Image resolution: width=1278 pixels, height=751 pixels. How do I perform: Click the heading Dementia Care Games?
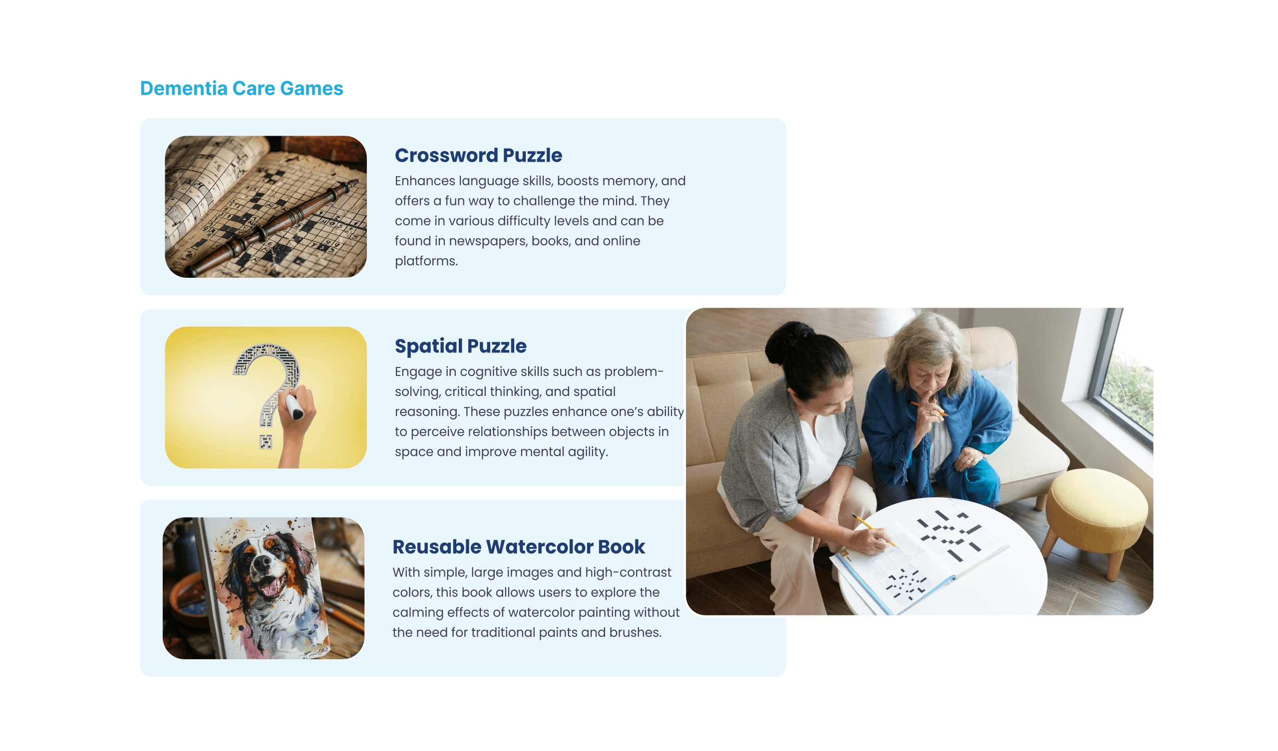(x=242, y=88)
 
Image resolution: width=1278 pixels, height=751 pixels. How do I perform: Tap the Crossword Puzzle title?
(x=478, y=155)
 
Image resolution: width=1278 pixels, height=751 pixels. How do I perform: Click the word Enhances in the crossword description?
(x=424, y=181)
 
